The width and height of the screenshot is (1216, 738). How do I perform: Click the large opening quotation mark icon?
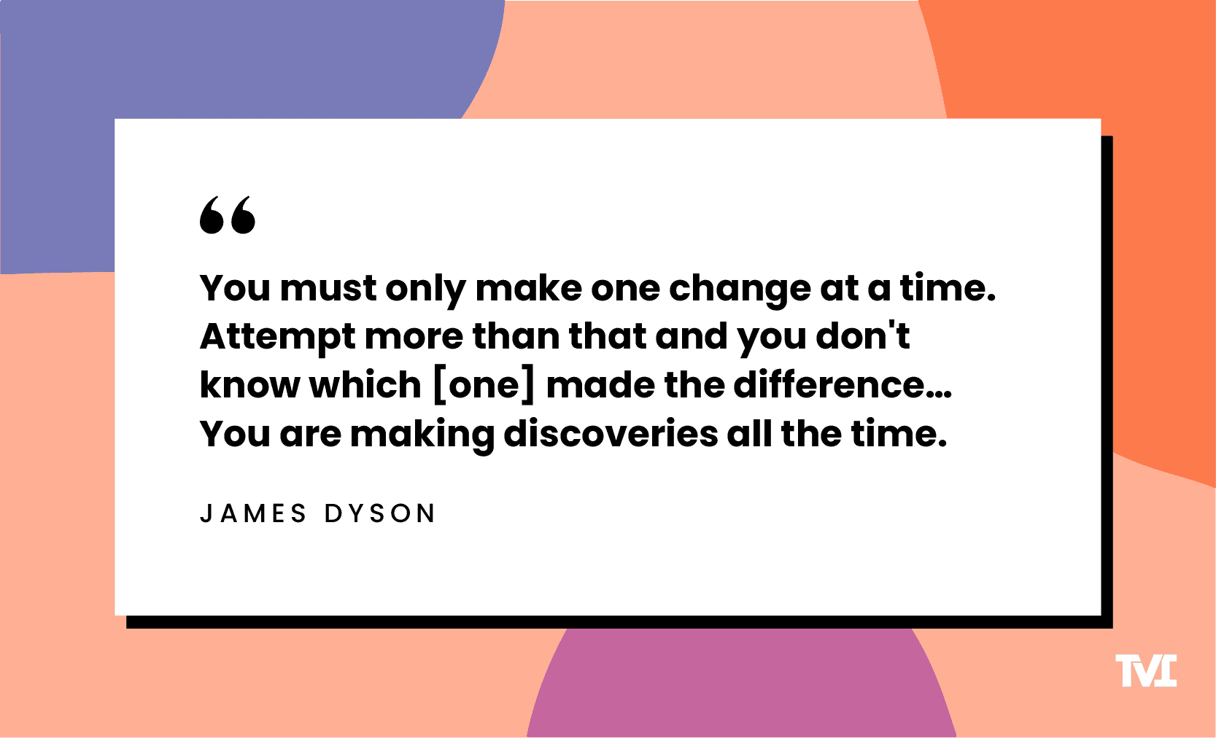228,215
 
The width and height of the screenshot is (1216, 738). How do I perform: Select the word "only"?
425,290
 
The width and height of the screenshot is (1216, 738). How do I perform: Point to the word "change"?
739,290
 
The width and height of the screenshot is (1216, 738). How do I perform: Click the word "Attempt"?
277,338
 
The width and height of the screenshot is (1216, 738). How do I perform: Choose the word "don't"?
862,336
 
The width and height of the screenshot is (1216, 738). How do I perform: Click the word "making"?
422,435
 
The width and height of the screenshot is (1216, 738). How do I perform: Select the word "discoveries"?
611,434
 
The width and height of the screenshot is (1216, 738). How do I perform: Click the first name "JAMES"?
253,513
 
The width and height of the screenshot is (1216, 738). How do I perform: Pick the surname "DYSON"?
379,513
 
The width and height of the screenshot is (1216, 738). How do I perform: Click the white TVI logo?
1146,671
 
